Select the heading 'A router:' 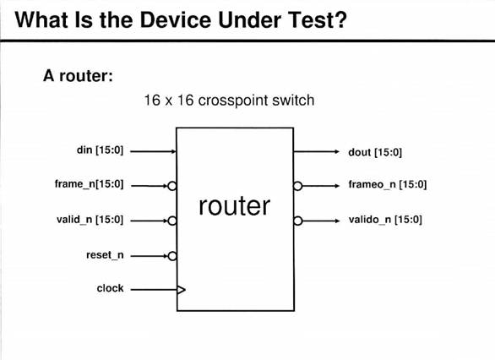coord(79,75)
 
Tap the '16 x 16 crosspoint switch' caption coord(230,101)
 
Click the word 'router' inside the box coord(234,205)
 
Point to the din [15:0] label coord(100,151)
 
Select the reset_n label coord(105,254)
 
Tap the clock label coord(110,288)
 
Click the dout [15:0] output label coord(375,153)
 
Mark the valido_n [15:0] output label coord(385,220)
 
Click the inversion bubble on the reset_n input coord(171,255)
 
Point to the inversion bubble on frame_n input coord(171,185)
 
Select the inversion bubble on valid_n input coord(171,221)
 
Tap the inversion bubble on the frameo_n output coord(297,185)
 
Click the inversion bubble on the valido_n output coord(297,221)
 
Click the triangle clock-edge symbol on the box coord(180,290)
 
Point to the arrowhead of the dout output coord(335,152)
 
